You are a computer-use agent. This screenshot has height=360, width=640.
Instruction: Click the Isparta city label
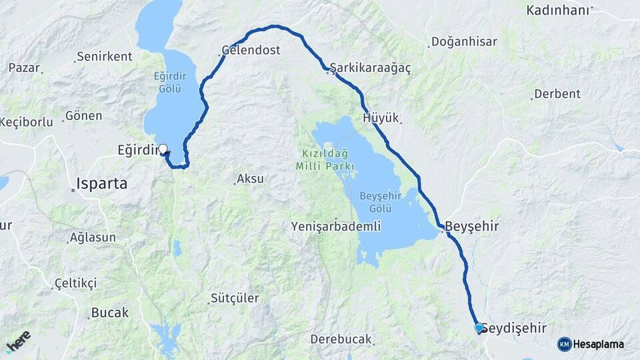pos(102,183)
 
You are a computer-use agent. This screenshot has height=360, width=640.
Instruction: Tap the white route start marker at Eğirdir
pos(162,149)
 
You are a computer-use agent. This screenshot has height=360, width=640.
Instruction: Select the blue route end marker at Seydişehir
pos(479,327)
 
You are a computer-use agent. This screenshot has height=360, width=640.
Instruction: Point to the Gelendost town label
pos(251,50)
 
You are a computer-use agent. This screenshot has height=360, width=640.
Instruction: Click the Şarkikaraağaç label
pos(371,68)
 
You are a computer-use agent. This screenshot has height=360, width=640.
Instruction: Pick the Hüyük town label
pos(381,118)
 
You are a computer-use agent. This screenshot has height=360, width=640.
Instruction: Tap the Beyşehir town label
pos(472,226)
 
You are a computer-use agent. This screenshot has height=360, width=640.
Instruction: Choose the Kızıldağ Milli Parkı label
pos(324,159)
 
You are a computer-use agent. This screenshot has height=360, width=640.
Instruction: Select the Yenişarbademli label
pos(336,227)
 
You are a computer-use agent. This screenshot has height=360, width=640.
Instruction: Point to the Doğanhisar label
pos(464,42)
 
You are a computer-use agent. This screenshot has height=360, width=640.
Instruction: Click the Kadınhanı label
pos(558,10)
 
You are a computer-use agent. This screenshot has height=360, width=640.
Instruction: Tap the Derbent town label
pos(557,93)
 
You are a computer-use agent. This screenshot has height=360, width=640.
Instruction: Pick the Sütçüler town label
pos(235,298)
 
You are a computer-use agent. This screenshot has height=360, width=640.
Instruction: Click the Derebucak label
pos(341,339)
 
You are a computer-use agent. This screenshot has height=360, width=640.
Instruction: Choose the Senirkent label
pos(105,57)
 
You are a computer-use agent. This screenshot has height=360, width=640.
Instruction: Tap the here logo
pos(18,341)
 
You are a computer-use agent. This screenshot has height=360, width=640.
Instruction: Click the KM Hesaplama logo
pos(592,344)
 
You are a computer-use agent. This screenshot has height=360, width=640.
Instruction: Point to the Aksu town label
pos(251,179)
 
